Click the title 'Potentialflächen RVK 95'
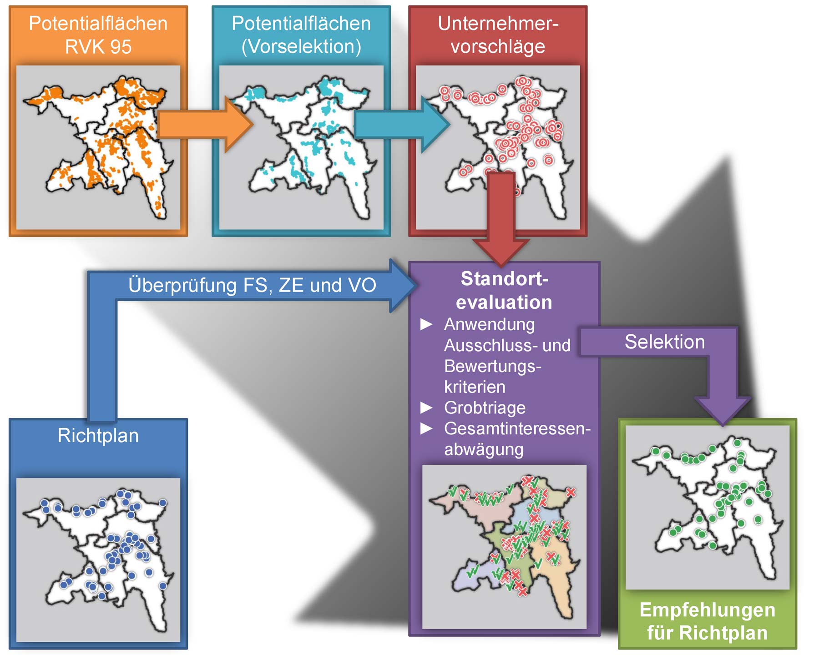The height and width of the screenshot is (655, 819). pos(98,35)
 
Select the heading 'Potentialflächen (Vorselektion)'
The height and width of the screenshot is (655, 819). pos(301,35)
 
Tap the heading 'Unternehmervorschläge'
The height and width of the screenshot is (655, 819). pos(498,35)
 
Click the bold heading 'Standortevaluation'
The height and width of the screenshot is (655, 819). pos(504,290)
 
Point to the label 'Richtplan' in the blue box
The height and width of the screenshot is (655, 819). pos(98,435)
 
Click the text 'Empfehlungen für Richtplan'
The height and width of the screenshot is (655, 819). pos(708,621)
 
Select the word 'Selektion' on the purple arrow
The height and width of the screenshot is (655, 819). pos(665,342)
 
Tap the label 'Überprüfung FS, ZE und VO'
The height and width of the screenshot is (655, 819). pos(252,285)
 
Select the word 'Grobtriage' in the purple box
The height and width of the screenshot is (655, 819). pos(485,408)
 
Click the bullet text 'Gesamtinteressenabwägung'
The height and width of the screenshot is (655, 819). pos(517,439)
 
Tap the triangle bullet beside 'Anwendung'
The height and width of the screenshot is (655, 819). pos(426,324)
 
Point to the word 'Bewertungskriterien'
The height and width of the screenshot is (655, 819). pos(493,376)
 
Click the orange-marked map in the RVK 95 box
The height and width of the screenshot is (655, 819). pos(98,147)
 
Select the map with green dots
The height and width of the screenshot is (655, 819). pos(708,507)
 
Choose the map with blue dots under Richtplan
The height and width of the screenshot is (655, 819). pos(98,560)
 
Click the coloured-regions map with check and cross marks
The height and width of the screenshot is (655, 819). pos(504,547)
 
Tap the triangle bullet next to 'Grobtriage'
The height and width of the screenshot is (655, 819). pos(426,408)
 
